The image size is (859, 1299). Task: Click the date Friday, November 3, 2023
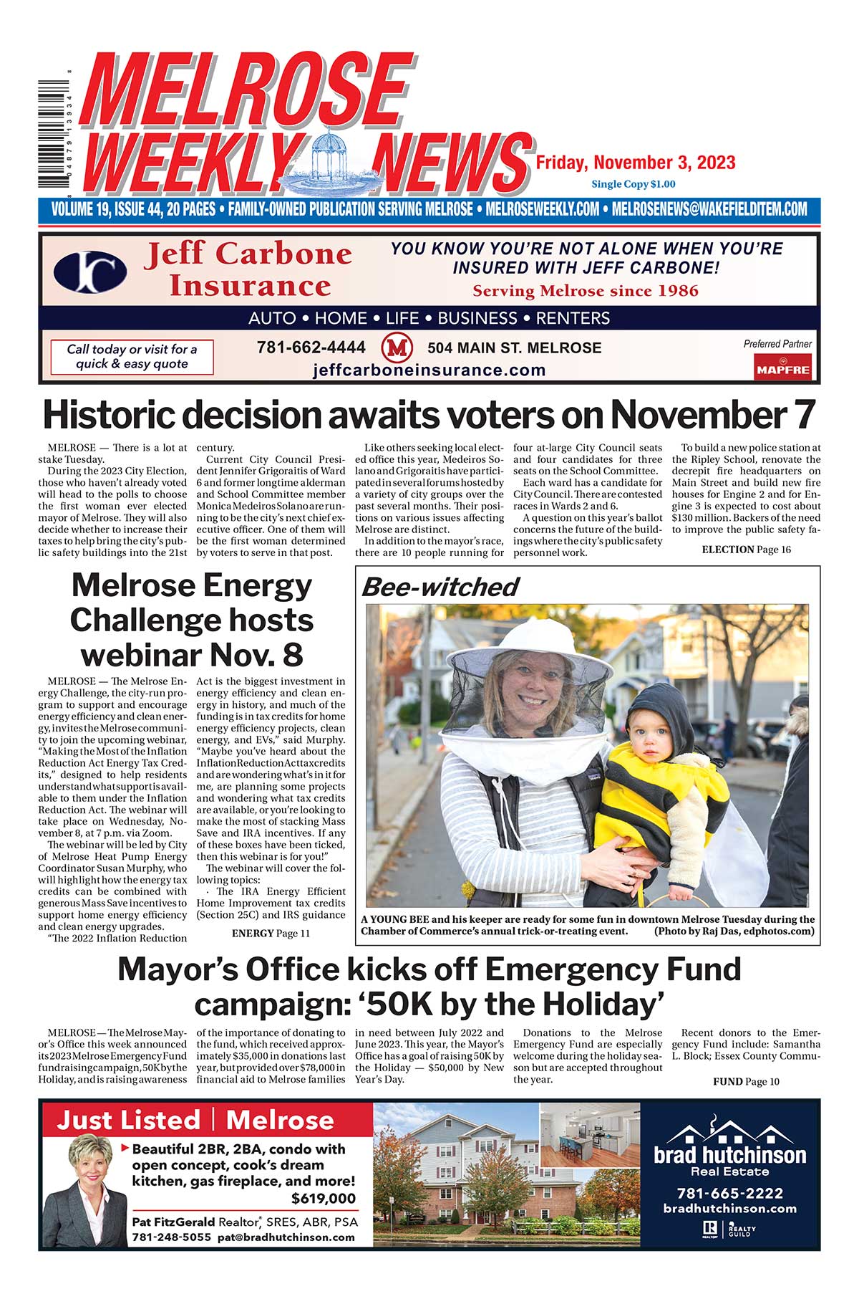(636, 163)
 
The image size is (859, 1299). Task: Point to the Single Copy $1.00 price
(633, 184)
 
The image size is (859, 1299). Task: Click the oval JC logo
(90, 272)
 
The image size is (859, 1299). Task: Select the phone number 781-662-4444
(311, 347)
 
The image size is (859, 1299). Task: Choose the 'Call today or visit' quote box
(132, 356)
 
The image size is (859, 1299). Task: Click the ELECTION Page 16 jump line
(746, 550)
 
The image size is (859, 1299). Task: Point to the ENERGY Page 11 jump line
(271, 933)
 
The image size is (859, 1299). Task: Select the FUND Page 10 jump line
(746, 1081)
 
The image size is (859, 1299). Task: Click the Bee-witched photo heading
(440, 587)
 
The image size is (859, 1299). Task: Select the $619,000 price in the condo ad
(323, 1199)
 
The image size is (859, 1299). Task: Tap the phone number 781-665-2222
(729, 1193)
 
